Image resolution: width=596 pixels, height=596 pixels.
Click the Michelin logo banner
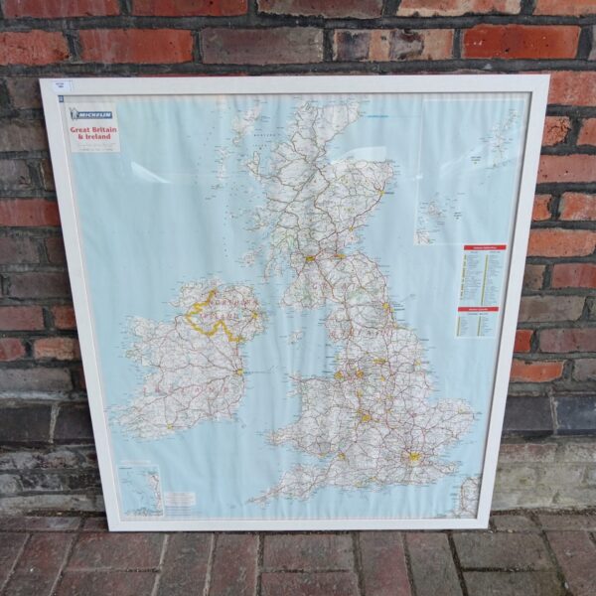[x=91, y=114]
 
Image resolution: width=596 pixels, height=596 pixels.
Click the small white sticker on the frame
[x=61, y=87]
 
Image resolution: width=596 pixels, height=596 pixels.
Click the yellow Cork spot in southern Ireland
[x=168, y=428]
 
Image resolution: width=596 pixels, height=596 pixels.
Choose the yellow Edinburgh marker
[x=340, y=255]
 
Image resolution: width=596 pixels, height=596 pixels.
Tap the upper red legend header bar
[x=484, y=247]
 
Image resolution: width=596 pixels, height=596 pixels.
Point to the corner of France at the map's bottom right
[x=467, y=497]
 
